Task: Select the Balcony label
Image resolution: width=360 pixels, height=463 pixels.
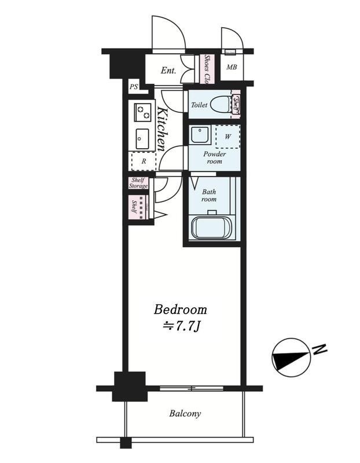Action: tap(185, 413)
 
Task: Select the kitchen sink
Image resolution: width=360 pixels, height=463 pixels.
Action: tap(142, 137)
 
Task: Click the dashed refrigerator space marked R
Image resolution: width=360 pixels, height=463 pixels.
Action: tap(143, 161)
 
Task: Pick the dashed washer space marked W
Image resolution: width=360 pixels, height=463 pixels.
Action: tap(227, 137)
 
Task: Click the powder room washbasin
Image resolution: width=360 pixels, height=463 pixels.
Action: tap(199, 135)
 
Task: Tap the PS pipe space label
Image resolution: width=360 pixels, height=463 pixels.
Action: tap(134, 87)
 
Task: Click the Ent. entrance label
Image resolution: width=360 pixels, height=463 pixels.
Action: tap(168, 71)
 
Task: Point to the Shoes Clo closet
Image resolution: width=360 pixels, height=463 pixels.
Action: tap(207, 68)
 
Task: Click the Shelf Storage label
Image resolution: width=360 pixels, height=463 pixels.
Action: tap(138, 183)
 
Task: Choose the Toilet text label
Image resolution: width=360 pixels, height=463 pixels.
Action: tap(199, 105)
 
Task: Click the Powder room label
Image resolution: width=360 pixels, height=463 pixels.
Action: tap(214, 157)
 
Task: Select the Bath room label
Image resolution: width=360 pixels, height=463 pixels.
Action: tap(209, 195)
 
